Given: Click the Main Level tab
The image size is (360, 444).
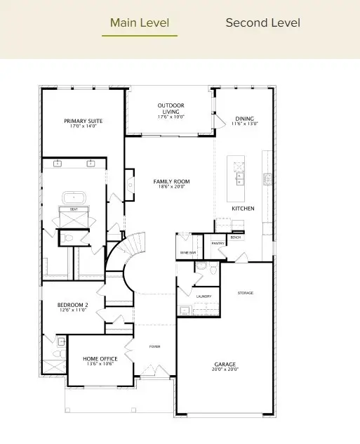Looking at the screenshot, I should point(140,23).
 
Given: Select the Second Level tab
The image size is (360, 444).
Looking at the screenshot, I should point(262,23).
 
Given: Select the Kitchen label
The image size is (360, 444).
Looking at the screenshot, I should point(243,209).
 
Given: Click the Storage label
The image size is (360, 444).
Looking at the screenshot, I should point(245,293).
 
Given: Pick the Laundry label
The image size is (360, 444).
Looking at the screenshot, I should point(204,296).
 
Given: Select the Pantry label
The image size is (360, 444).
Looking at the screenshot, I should point(217,243).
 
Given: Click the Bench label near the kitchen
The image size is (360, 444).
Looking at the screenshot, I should point(235,238).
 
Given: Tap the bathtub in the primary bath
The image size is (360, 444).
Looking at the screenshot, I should point(74,197).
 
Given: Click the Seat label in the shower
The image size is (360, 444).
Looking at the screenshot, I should point(73,209).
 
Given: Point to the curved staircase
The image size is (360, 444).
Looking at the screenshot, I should point(130,263).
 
